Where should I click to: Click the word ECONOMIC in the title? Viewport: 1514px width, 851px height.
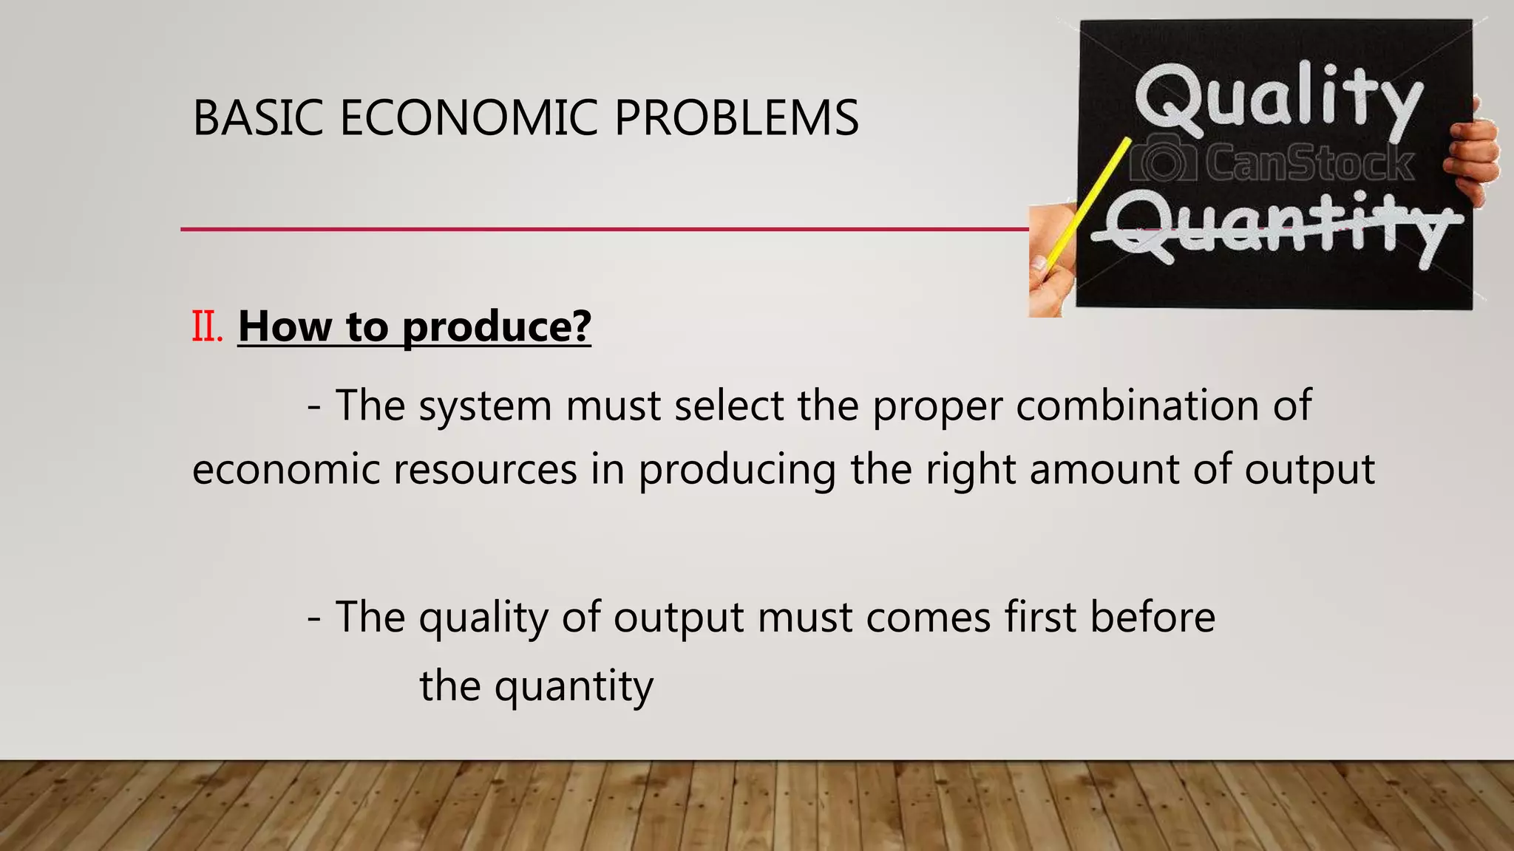[468, 118]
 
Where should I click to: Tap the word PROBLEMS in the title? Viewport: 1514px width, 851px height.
[736, 118]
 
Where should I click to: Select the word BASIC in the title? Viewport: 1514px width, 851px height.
[258, 118]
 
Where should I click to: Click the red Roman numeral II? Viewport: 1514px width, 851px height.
[207, 327]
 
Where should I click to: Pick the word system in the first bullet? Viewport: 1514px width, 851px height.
[485, 406]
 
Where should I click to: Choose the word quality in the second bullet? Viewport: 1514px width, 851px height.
[483, 618]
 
